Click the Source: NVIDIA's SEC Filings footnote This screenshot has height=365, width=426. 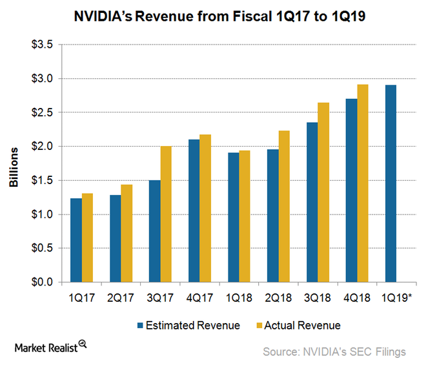click(x=333, y=351)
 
